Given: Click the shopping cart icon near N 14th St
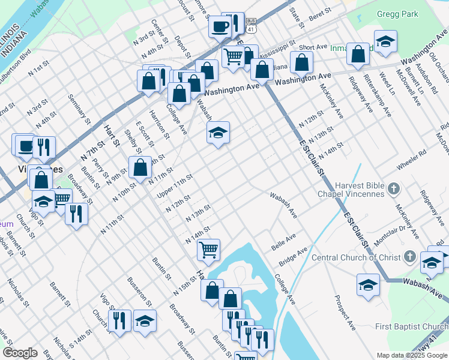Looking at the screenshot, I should (208, 249).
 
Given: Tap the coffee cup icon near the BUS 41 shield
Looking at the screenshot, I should (220, 26).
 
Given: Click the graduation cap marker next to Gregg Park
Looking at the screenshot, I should (385, 41).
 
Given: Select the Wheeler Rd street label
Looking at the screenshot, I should (411, 164).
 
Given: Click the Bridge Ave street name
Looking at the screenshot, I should (292, 257).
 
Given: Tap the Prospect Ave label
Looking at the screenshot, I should (346, 313).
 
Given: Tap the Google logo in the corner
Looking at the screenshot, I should (20, 352).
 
